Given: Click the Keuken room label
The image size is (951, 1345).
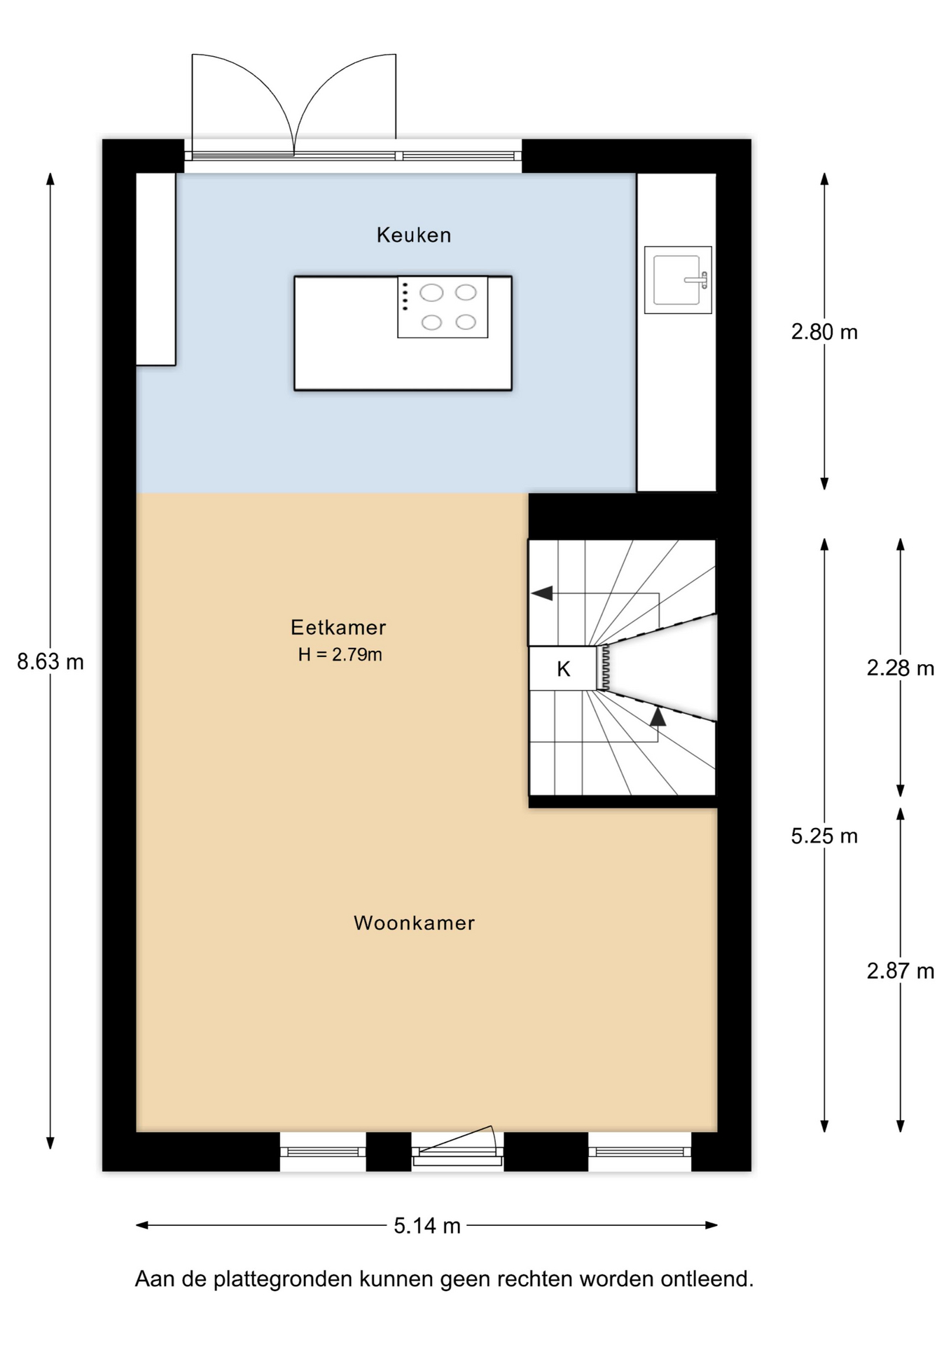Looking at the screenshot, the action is pyautogui.click(x=414, y=235).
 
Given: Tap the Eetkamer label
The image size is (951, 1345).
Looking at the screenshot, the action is pyautogui.click(x=338, y=627).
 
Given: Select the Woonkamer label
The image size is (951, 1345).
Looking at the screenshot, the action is pyautogui.click(x=414, y=923).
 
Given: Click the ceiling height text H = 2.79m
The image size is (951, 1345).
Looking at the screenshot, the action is pyautogui.click(x=340, y=654).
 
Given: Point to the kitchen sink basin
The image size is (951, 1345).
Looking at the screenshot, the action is pyautogui.click(x=676, y=280).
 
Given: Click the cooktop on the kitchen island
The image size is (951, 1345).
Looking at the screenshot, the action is pyautogui.click(x=443, y=307).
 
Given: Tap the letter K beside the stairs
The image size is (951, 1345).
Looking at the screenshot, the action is pyautogui.click(x=563, y=669).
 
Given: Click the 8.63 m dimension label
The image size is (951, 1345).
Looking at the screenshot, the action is pyautogui.click(x=50, y=661).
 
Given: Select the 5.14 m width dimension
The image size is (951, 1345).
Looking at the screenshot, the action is pyautogui.click(x=427, y=1225).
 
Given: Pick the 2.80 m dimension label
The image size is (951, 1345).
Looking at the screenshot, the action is pyautogui.click(x=824, y=331).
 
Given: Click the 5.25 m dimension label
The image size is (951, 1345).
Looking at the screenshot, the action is pyautogui.click(x=824, y=836).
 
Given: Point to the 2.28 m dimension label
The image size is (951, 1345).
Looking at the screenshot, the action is pyautogui.click(x=901, y=668).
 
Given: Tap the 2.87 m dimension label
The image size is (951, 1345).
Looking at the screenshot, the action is pyautogui.click(x=901, y=971).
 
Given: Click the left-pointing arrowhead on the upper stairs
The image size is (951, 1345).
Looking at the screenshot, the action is pyautogui.click(x=541, y=593).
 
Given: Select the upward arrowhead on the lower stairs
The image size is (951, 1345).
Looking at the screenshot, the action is pyautogui.click(x=658, y=717).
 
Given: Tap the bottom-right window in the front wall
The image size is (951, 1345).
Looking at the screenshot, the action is pyautogui.click(x=639, y=1152).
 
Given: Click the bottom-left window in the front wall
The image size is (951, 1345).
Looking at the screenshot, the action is pyautogui.click(x=323, y=1152).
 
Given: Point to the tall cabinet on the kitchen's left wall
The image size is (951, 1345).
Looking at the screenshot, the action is pyautogui.click(x=155, y=269).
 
